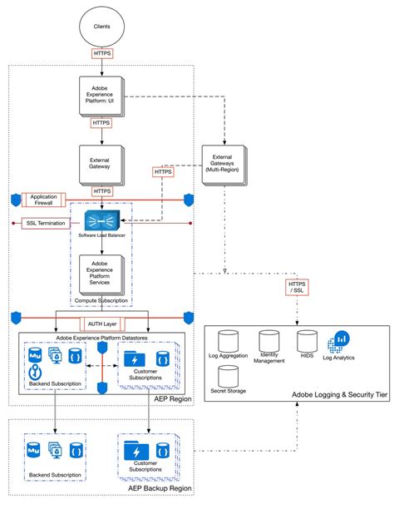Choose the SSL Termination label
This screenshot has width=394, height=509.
[x=49, y=223]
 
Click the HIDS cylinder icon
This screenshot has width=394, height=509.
[x=306, y=341]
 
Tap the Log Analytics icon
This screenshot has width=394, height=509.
[x=342, y=341]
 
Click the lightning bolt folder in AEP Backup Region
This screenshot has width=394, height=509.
[x=133, y=449]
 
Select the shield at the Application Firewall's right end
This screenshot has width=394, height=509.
[x=189, y=200]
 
